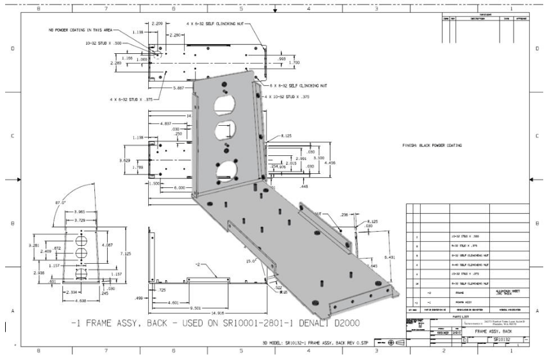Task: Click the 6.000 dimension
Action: click(176, 187)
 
